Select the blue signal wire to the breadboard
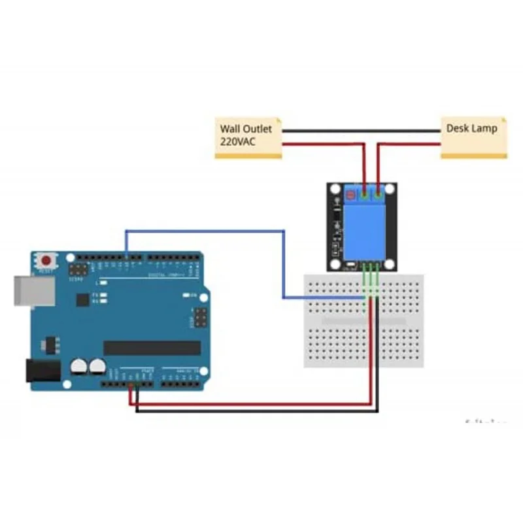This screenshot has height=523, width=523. (284, 261)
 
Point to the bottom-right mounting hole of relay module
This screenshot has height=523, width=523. (390, 264)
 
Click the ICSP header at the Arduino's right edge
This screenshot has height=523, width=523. (198, 318)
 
